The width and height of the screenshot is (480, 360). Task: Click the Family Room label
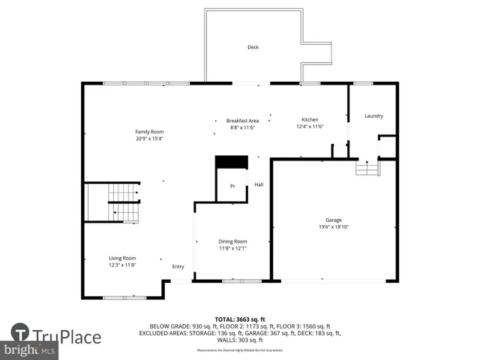[149, 132]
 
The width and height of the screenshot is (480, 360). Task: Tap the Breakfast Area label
[242, 121]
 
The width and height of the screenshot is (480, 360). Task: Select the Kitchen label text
[310, 120]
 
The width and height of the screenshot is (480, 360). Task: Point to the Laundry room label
[373, 115]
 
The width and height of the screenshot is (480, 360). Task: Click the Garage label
[334, 220]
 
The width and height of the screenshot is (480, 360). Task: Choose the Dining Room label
[232, 241]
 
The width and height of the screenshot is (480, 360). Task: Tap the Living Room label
[122, 258]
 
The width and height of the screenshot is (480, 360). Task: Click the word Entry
[178, 266]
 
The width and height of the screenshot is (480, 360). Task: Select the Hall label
[259, 184]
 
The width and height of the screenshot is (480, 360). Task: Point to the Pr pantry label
[232, 185]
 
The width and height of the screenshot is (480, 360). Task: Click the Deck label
[253, 47]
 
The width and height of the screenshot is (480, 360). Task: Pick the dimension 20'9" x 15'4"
[149, 139]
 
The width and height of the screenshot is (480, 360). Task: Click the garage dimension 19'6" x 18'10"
[334, 227]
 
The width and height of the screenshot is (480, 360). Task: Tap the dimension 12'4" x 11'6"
[310, 127]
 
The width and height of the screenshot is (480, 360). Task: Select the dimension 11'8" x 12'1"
[232, 248]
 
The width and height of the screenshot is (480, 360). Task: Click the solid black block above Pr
[231, 162]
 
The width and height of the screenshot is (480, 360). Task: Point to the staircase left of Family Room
[113, 202]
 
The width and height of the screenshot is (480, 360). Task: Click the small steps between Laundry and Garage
[367, 169]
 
